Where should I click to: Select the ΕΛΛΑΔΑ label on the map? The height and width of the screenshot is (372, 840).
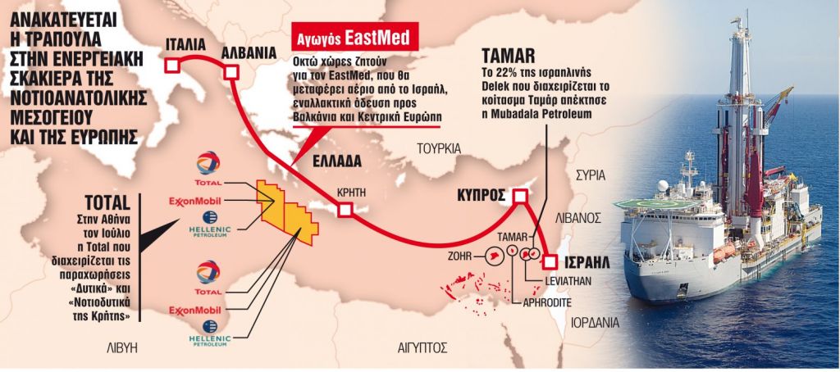tap(337, 161)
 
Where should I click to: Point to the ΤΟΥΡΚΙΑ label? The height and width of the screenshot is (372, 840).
tap(440, 148)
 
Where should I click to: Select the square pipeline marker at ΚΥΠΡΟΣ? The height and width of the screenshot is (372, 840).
tap(519, 197)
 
